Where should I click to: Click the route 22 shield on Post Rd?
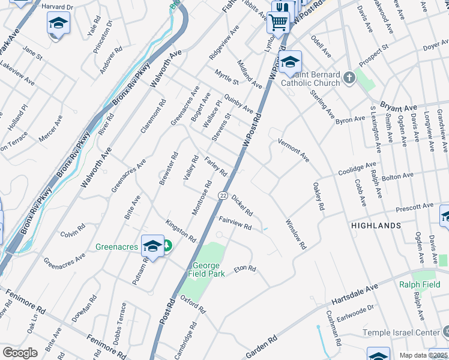(223, 196)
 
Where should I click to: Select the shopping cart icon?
(278, 23)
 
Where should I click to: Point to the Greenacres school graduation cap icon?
(153, 247)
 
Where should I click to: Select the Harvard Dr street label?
(58, 5)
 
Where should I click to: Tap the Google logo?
(20, 353)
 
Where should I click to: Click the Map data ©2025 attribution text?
(423, 355)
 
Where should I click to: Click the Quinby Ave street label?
(238, 103)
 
